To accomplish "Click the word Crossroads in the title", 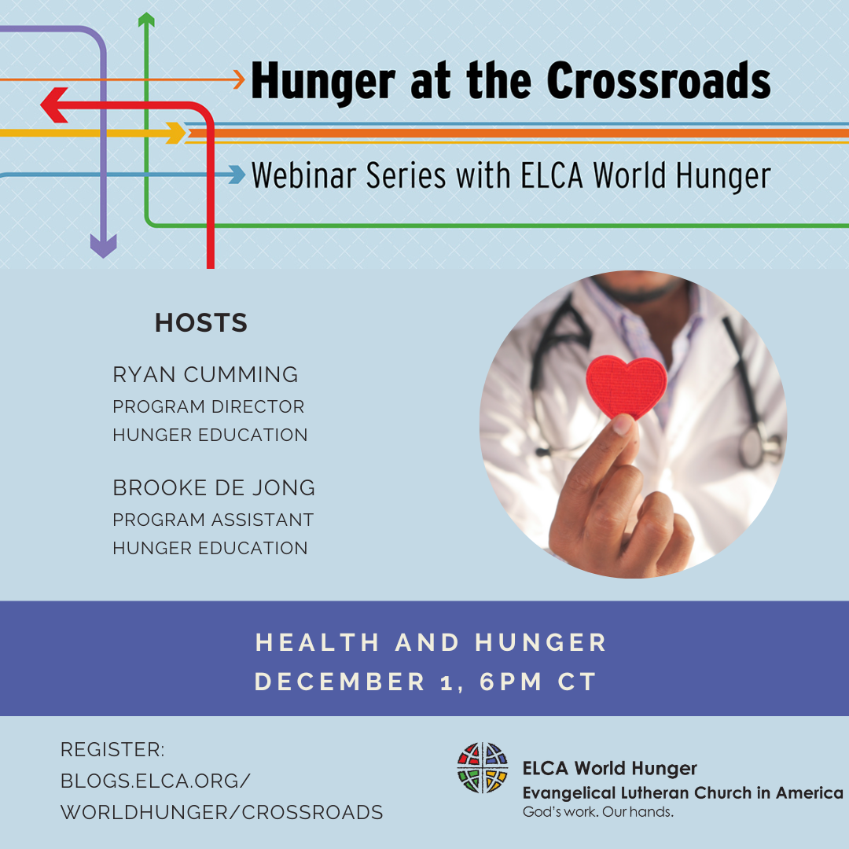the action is tap(659, 80).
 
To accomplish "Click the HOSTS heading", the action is tap(201, 323).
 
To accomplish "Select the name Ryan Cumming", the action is tap(205, 375).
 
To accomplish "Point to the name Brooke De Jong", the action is tap(214, 488).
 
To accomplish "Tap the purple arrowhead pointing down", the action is tap(104, 247).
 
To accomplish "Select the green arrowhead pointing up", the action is tap(146, 20).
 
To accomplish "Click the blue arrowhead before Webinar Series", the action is tap(237, 175).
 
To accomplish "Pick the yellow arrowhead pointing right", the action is tap(176, 133).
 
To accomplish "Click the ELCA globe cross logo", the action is tap(483, 768).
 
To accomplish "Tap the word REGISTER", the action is tap(112, 750).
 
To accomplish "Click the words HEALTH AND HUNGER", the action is tap(431, 643).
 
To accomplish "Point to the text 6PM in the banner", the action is tap(510, 682).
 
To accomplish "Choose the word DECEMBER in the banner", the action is tap(340, 682).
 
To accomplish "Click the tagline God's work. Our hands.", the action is tap(597, 812).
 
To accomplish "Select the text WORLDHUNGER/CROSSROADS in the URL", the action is tap(222, 813).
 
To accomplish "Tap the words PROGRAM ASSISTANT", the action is tap(213, 520).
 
